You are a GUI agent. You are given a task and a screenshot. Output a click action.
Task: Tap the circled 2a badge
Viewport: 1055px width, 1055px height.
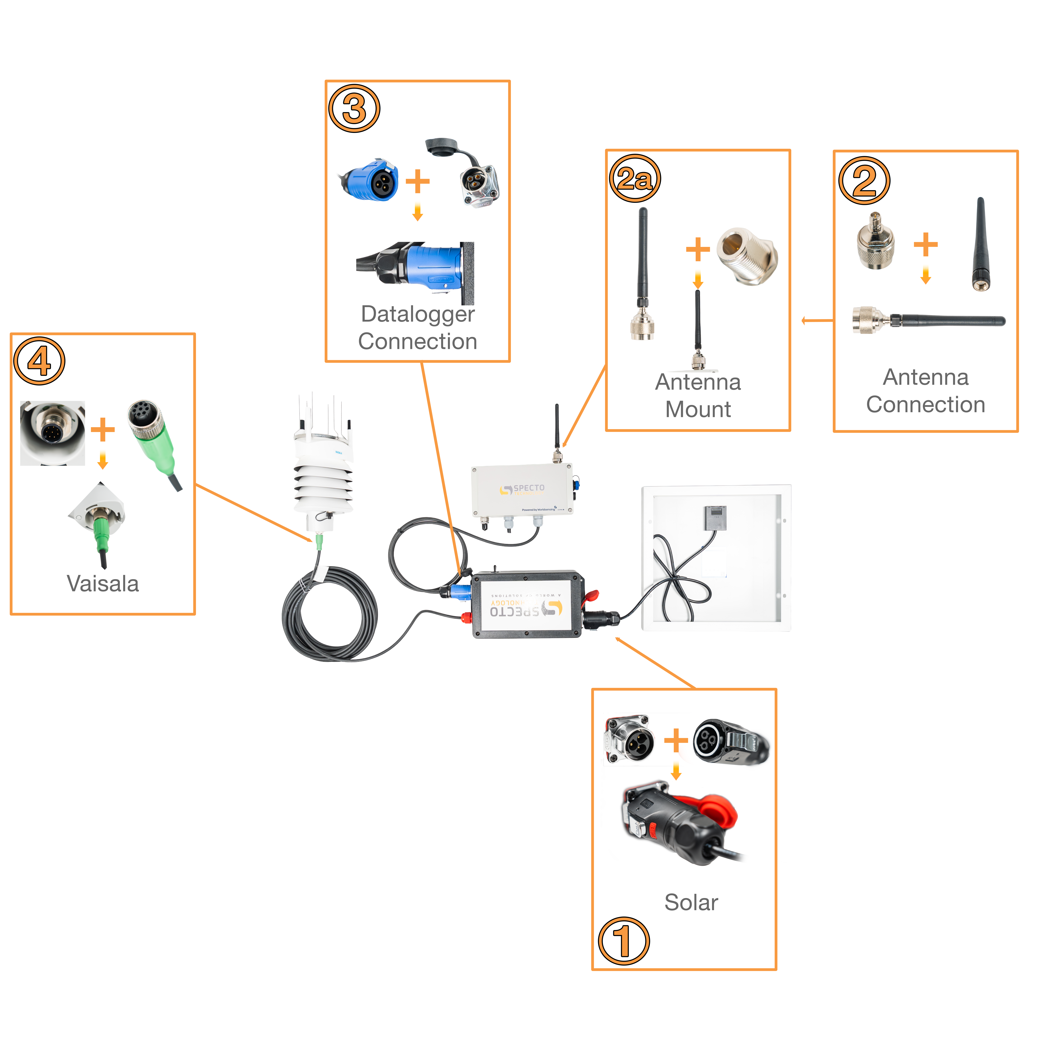[x=635, y=179]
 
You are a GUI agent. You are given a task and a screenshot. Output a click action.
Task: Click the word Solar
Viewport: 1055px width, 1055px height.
[x=691, y=902]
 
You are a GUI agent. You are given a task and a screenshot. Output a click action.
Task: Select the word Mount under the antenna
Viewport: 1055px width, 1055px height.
[x=698, y=409]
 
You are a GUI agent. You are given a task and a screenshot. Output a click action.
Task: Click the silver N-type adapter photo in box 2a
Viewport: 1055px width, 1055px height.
[x=747, y=257]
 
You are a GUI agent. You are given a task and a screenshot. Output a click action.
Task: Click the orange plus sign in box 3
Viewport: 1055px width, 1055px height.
[x=418, y=181]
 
